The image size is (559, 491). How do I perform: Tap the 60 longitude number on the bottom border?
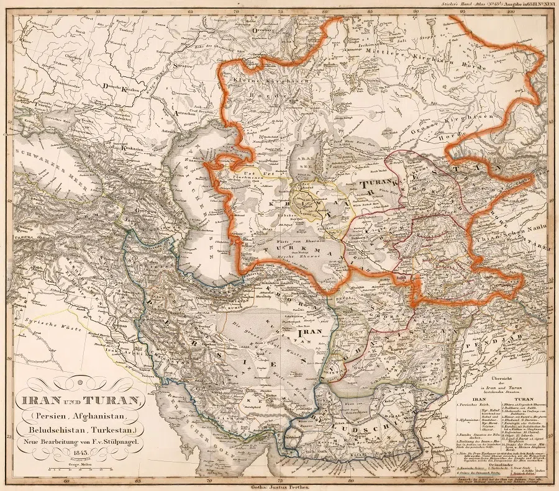(x=66, y=479)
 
